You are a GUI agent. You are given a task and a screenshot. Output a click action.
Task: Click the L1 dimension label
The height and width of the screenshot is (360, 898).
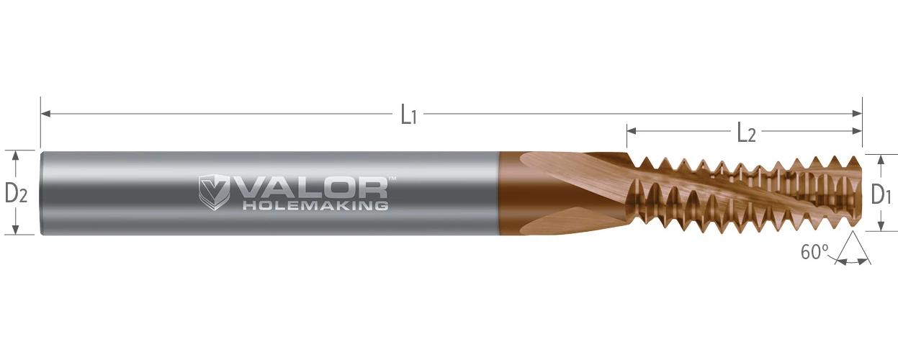click(409, 116)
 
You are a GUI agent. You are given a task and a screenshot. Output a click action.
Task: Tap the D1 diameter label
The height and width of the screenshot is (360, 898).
click(881, 196)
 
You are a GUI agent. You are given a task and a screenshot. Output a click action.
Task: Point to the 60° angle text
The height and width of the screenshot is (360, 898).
click(814, 252)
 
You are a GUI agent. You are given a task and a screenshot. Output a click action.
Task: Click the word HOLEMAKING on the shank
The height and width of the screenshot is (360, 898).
click(316, 206)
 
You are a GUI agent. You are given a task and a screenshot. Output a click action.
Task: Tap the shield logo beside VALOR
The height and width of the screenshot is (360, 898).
click(213, 192)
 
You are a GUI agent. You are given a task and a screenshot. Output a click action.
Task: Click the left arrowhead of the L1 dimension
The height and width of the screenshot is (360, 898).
click(45, 114)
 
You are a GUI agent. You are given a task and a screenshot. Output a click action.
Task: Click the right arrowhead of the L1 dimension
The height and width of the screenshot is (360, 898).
click(857, 114)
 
